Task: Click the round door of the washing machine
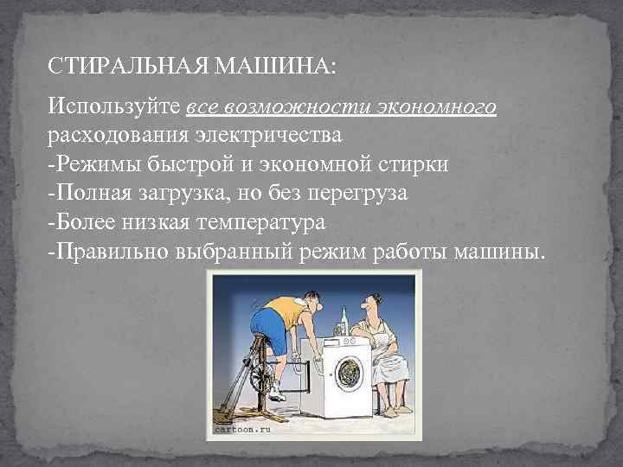click(349, 372)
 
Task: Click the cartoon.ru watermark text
click(243, 427)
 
